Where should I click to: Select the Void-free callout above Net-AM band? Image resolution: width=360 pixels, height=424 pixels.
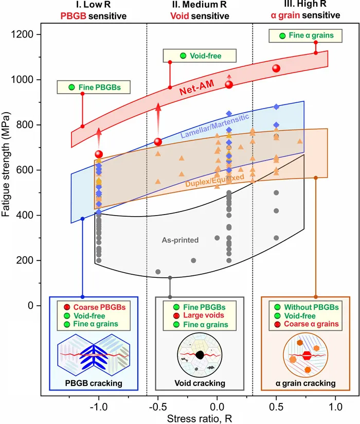(x=199, y=56)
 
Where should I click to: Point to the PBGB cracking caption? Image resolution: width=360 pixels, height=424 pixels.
(x=94, y=383)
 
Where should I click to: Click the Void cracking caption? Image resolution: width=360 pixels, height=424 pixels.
(x=199, y=383)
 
